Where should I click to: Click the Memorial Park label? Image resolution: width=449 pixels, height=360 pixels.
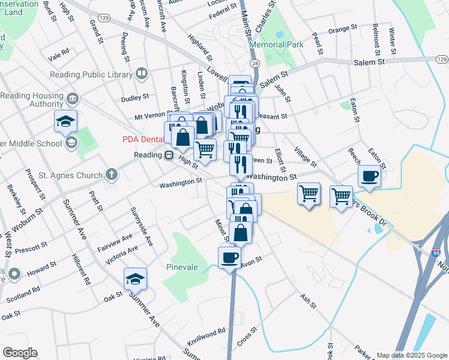pos(277,44)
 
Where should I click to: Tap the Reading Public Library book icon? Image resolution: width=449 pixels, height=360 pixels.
pos(142,74)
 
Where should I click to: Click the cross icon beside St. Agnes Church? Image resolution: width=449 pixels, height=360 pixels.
pos(111,175)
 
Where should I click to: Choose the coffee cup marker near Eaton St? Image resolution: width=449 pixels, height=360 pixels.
pos(369,176)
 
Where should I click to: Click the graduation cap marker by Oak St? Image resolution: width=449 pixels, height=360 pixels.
pos(135,278)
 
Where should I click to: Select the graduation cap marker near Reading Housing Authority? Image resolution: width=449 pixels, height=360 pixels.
pos(65,121)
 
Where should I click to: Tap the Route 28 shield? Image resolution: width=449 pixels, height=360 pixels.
pos(255,64)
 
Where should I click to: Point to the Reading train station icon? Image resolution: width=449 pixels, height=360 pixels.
pos(170,155)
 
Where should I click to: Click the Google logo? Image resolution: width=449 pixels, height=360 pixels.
pos(20,353)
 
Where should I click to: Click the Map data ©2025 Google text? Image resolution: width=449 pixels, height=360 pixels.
pos(412,355)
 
